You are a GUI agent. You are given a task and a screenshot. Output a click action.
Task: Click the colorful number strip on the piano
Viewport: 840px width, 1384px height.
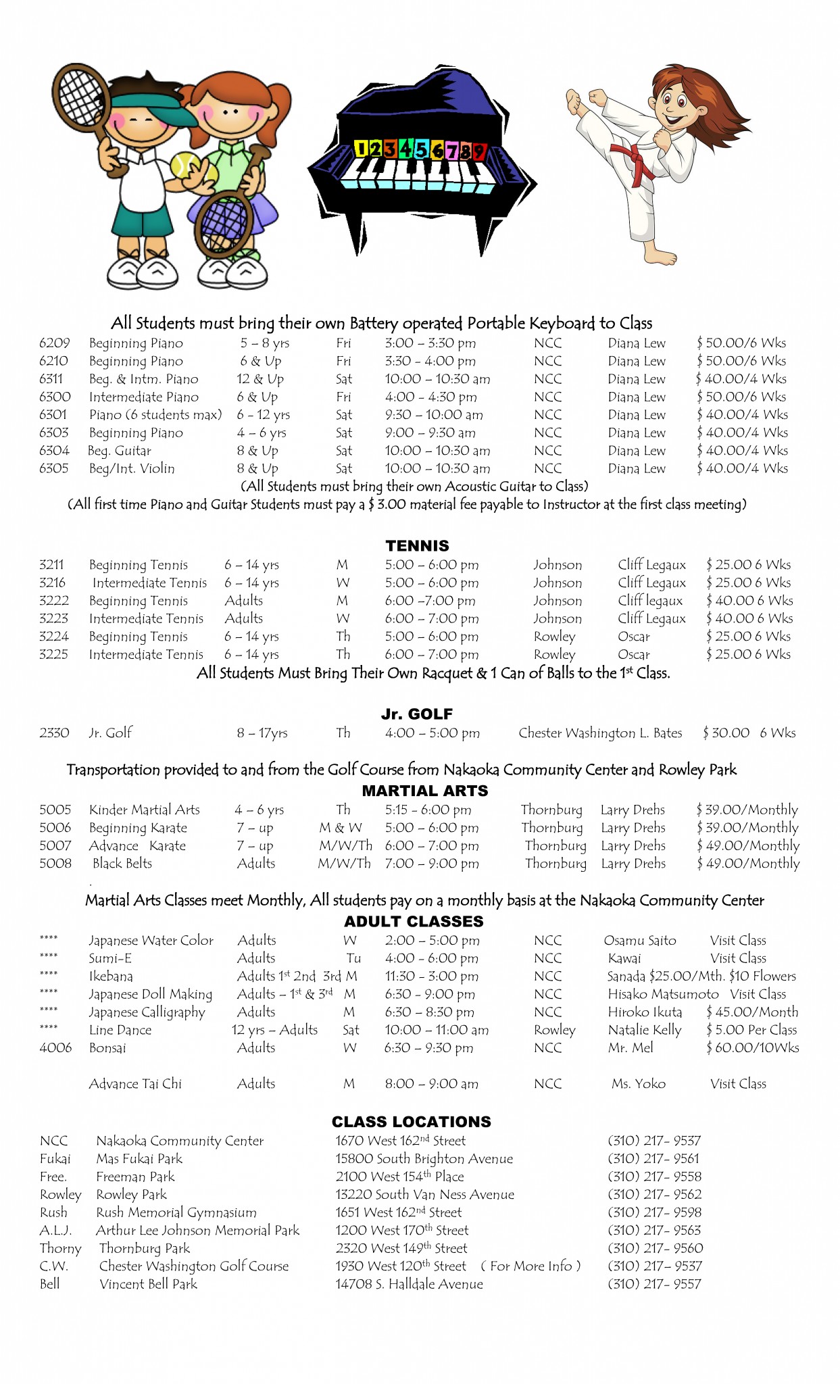tap(420, 149)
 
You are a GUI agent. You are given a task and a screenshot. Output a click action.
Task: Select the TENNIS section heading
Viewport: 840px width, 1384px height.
tap(417, 545)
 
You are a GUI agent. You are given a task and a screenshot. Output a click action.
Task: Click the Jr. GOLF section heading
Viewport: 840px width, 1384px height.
tap(417, 714)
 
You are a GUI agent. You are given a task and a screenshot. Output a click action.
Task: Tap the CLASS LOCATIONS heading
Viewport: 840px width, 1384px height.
tap(411, 1122)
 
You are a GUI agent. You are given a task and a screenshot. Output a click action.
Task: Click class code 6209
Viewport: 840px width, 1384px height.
tap(54, 343)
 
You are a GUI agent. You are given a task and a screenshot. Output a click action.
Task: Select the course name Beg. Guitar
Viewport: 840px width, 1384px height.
tap(120, 451)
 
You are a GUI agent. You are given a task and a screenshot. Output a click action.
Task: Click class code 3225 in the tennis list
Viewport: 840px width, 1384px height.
tap(53, 654)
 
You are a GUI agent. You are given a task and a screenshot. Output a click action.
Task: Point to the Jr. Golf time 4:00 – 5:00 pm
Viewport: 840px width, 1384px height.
tap(433, 733)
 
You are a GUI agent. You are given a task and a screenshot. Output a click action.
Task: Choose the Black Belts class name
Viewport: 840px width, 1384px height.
tap(122, 864)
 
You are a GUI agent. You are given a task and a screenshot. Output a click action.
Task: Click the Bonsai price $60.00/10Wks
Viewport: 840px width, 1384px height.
tap(752, 1048)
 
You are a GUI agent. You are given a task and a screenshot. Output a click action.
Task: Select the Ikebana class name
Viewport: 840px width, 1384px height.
tap(111, 977)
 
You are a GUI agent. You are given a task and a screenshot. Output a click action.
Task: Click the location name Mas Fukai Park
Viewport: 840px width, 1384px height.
tap(139, 1159)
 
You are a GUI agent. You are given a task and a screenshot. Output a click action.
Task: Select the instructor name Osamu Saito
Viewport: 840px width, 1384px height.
tap(640, 941)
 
